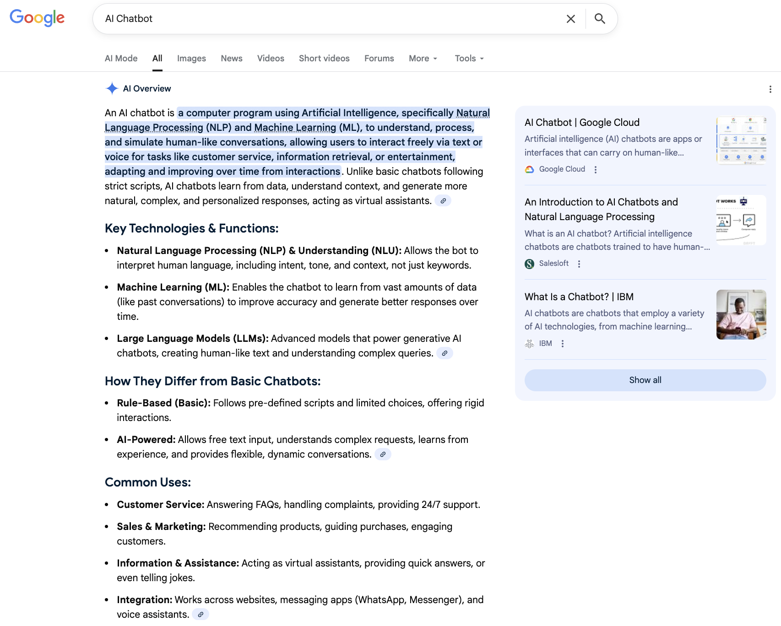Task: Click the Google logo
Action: pos(37,18)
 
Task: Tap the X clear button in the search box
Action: pos(570,19)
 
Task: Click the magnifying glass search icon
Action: pos(600,19)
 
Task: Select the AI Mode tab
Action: pos(121,59)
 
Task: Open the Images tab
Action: pos(191,59)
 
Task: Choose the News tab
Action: pos(231,59)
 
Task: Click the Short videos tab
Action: pos(324,59)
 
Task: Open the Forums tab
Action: pos(379,59)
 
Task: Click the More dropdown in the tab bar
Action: pos(423,59)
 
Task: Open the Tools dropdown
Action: pos(469,59)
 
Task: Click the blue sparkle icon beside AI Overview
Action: pos(112,88)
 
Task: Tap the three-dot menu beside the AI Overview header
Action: pos(770,89)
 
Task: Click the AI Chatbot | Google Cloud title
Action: pos(581,123)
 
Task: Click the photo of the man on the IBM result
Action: pos(741,314)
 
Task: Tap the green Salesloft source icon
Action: pos(529,264)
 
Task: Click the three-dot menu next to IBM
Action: pos(563,344)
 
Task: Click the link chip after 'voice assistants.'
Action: pos(200,615)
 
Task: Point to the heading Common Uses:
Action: pos(147,482)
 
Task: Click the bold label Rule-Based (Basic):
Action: pos(163,403)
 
